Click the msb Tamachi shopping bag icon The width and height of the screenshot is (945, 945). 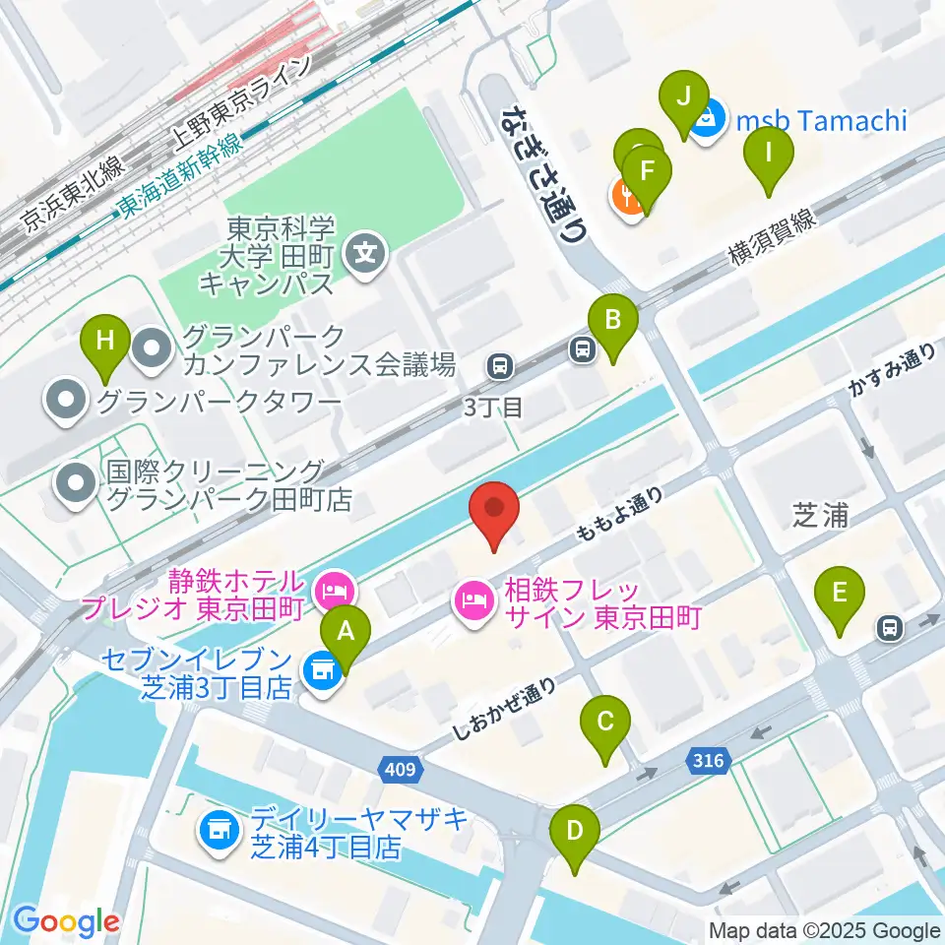tap(705, 121)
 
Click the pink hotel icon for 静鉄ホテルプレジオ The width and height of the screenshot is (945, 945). tap(334, 591)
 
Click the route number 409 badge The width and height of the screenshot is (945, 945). tap(404, 768)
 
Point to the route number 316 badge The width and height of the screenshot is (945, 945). tap(707, 760)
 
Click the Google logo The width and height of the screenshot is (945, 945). tap(66, 921)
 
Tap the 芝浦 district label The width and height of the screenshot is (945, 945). tap(820, 515)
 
